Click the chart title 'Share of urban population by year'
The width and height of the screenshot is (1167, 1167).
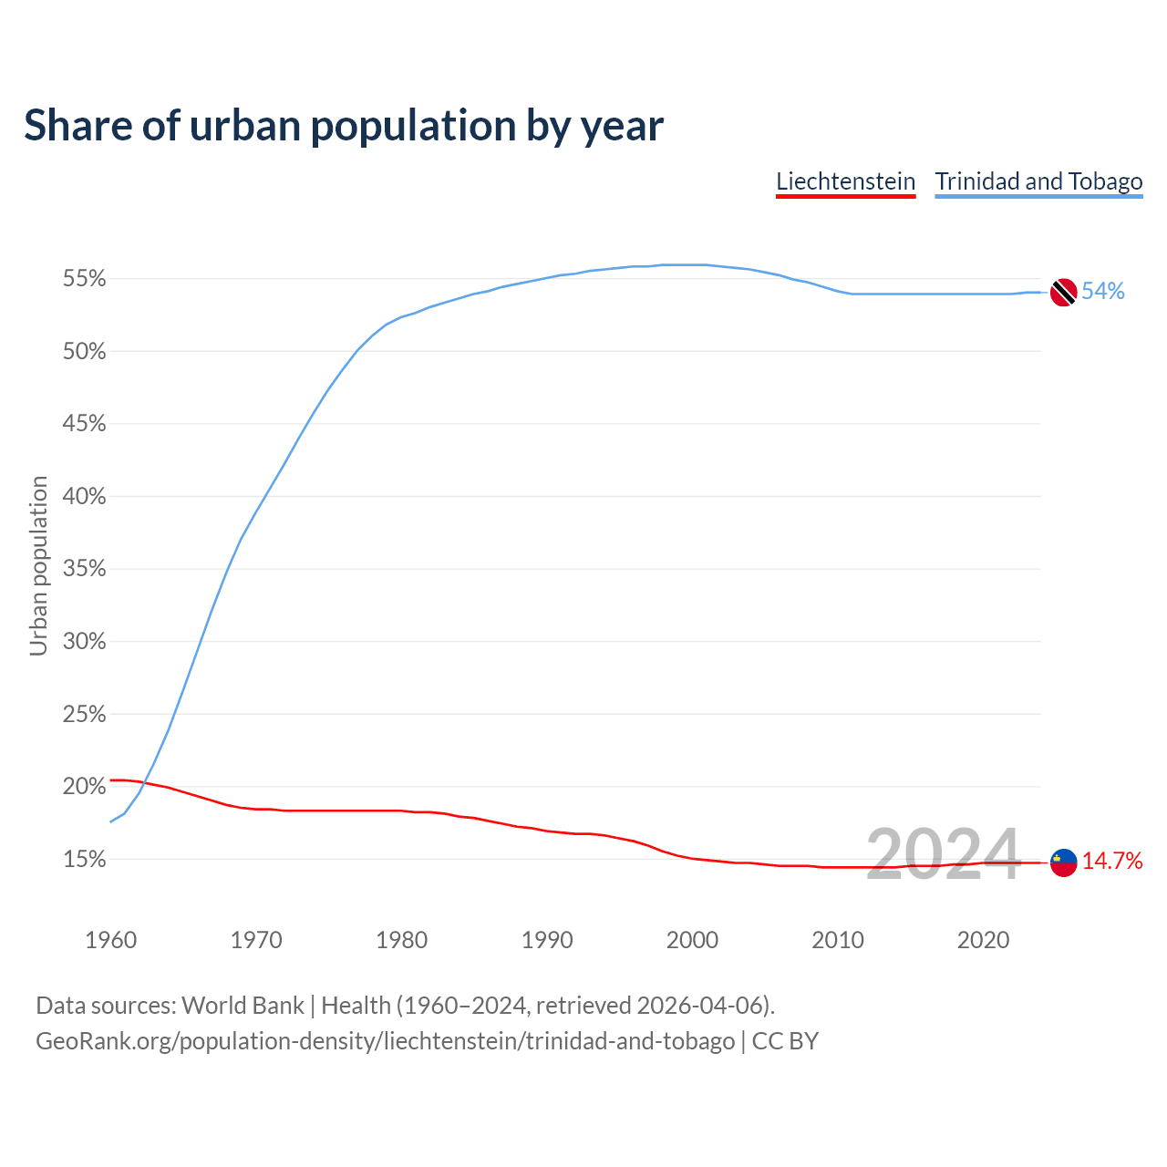point(344,126)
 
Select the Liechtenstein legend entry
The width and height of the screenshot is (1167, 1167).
point(845,181)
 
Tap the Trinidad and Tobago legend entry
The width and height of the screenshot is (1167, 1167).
point(1038,181)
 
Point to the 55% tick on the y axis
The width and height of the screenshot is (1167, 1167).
point(84,279)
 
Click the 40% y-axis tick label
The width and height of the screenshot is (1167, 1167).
point(84,497)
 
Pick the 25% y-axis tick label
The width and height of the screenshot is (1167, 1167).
point(84,715)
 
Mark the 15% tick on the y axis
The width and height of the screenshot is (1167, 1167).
point(84,860)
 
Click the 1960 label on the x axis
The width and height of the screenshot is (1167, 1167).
point(110,940)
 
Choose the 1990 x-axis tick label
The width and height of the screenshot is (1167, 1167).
point(547,940)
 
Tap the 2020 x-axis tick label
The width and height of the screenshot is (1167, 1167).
point(983,940)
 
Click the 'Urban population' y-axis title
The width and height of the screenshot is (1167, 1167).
point(38,565)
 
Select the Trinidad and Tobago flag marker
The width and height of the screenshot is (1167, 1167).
point(1063,293)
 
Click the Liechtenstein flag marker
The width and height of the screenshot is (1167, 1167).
point(1063,862)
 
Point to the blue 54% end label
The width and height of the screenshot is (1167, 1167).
point(1103,292)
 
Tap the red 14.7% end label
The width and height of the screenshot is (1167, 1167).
point(1112,862)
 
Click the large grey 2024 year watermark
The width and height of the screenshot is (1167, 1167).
point(943,855)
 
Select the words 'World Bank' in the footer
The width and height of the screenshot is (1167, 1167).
point(243,1006)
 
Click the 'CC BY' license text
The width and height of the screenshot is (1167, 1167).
point(785,1041)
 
